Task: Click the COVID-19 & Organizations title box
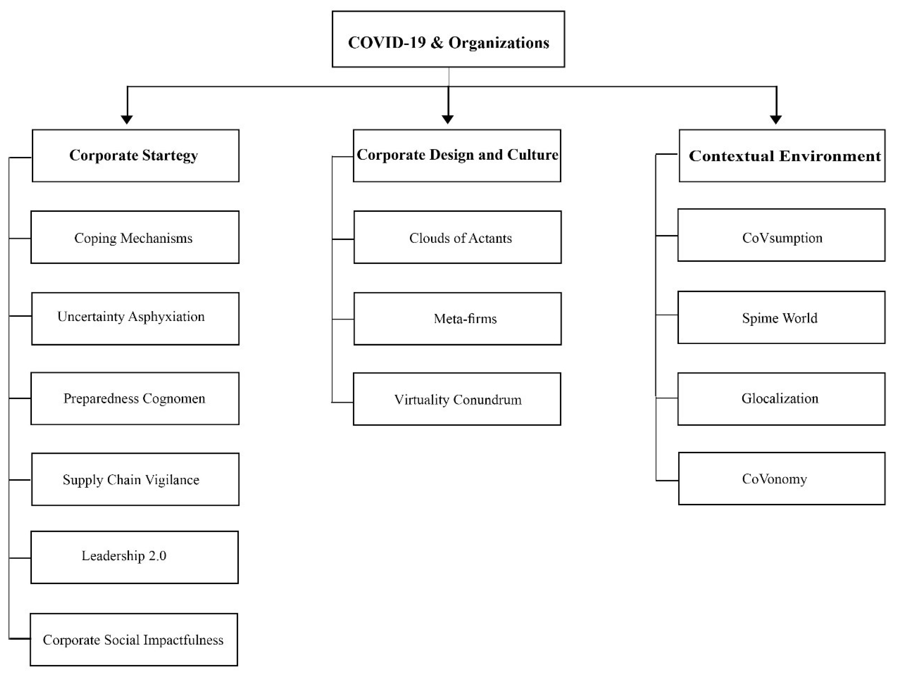pyautogui.click(x=448, y=39)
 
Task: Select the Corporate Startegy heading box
pyautogui.click(x=136, y=156)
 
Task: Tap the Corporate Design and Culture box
pyautogui.click(x=457, y=156)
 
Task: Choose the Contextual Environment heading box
pyautogui.click(x=782, y=156)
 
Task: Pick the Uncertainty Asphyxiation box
pyautogui.click(x=135, y=318)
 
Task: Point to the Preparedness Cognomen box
pyautogui.click(x=135, y=398)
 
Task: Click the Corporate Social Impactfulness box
pyautogui.click(x=134, y=639)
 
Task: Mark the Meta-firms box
pyautogui.click(x=457, y=318)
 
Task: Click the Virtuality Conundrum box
pyautogui.click(x=457, y=399)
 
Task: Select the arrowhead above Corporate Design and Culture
pyautogui.click(x=448, y=119)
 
